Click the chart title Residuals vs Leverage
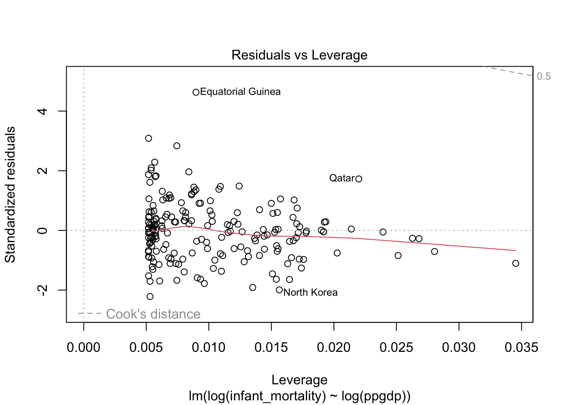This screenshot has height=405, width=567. (x=299, y=55)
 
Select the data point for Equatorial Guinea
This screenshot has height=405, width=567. (x=196, y=92)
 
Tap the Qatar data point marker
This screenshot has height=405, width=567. (x=359, y=179)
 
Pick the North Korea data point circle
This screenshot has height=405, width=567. (x=279, y=290)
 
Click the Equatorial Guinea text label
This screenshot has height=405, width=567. (x=240, y=92)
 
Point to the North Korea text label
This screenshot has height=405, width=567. (x=310, y=292)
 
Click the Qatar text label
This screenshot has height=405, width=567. (x=342, y=178)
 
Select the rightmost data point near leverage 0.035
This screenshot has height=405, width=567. (x=516, y=263)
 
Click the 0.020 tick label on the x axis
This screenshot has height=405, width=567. (x=334, y=348)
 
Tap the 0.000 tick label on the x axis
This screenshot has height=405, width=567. (x=84, y=348)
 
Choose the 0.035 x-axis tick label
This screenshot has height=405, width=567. (x=521, y=348)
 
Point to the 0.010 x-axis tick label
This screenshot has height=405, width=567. (x=209, y=348)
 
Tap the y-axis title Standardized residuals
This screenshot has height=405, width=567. (x=10, y=194)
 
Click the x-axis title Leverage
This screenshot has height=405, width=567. (x=299, y=380)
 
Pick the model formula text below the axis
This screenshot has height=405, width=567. (x=299, y=396)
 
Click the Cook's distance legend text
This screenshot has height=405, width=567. (x=153, y=314)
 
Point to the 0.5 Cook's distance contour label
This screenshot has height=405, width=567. (x=544, y=76)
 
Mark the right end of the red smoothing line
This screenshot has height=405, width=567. (x=515, y=251)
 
